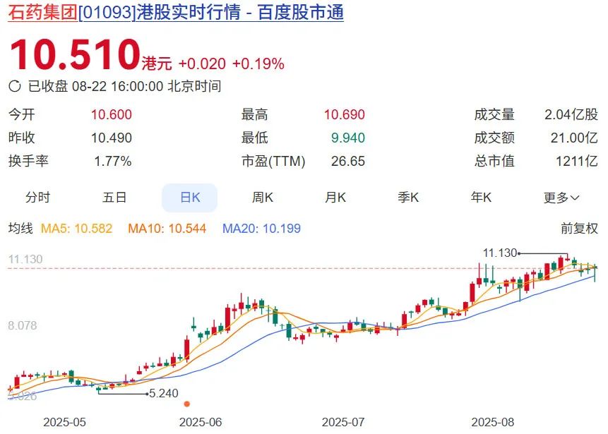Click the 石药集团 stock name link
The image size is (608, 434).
[x=42, y=13]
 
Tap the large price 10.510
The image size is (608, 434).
[x=74, y=55]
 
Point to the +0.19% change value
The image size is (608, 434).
[x=258, y=64]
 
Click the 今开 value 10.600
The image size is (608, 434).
[x=112, y=115]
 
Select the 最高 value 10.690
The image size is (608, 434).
[x=345, y=115]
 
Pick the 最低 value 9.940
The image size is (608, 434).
[x=347, y=138]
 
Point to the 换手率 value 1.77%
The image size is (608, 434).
[x=113, y=161]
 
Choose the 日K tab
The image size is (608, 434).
[x=190, y=198]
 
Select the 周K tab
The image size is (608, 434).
[x=263, y=198]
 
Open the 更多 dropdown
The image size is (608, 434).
[x=561, y=198]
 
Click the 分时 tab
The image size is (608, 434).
[x=38, y=198]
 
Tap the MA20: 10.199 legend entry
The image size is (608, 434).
[x=261, y=229]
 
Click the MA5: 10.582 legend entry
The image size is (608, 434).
[x=77, y=229]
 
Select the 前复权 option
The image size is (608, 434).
[x=579, y=229]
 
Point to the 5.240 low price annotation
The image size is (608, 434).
[x=162, y=393]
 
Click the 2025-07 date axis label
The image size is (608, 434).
[x=343, y=422]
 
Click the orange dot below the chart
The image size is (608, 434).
[x=187, y=404]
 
